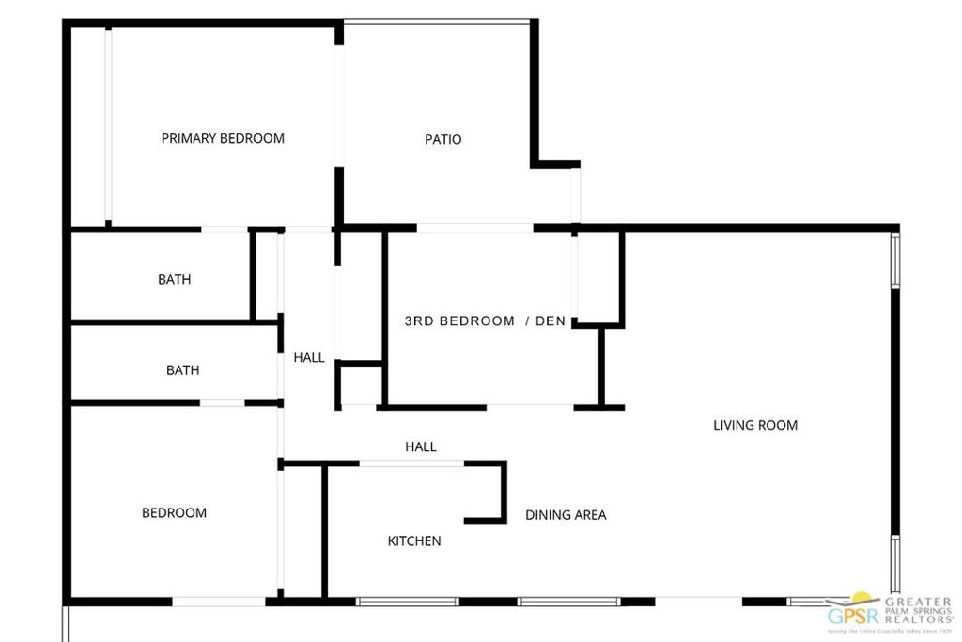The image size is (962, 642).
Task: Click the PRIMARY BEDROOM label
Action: coord(223,138)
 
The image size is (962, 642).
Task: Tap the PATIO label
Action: coord(443,139)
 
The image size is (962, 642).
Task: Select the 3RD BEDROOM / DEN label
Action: coord(485,321)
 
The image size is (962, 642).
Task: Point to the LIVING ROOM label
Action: coord(755,425)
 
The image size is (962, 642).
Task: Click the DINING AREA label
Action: coord(566,515)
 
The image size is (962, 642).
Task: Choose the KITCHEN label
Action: coord(414,541)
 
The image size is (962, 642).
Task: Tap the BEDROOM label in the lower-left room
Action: coord(174,513)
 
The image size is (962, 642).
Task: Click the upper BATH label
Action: coord(174,279)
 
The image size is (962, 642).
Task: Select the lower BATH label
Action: coord(182,370)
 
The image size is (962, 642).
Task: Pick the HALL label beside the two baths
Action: coord(309,357)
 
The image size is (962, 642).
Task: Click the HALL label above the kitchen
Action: coord(421,447)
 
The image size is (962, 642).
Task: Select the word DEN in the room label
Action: coord(551,321)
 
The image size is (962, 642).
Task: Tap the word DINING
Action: coord(545,515)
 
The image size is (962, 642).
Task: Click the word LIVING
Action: coord(733,425)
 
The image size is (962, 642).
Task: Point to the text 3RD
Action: coord(419,321)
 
